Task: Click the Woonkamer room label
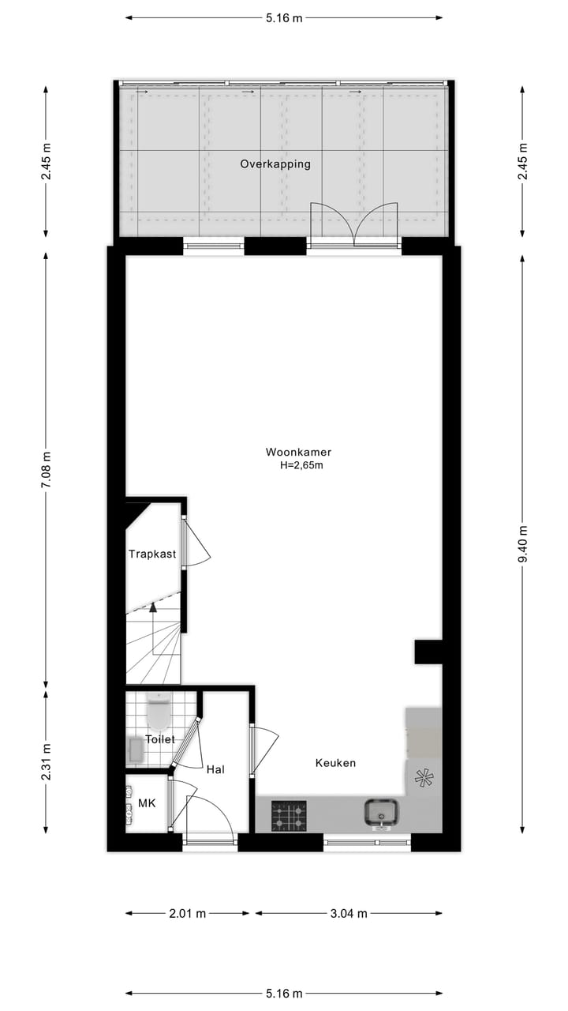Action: coord(298,453)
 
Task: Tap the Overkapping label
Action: coord(275,164)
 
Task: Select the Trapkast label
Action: coord(152,554)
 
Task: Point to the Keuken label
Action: coord(335,763)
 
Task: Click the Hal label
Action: coord(216,769)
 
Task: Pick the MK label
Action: coord(147,803)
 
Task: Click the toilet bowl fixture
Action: coord(159,712)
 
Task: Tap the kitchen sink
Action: coord(381,813)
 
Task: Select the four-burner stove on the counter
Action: coord(289,816)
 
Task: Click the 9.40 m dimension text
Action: coord(523,543)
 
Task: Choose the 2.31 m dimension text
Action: coord(46,760)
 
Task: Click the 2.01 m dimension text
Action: coord(188,913)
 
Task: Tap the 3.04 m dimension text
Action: coord(348,913)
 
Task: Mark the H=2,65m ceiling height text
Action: coord(302,466)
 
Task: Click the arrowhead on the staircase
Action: coord(153,607)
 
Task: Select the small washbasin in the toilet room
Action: coord(135,750)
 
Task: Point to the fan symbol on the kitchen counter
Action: coord(424,778)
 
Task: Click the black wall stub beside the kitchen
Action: coord(428,652)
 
